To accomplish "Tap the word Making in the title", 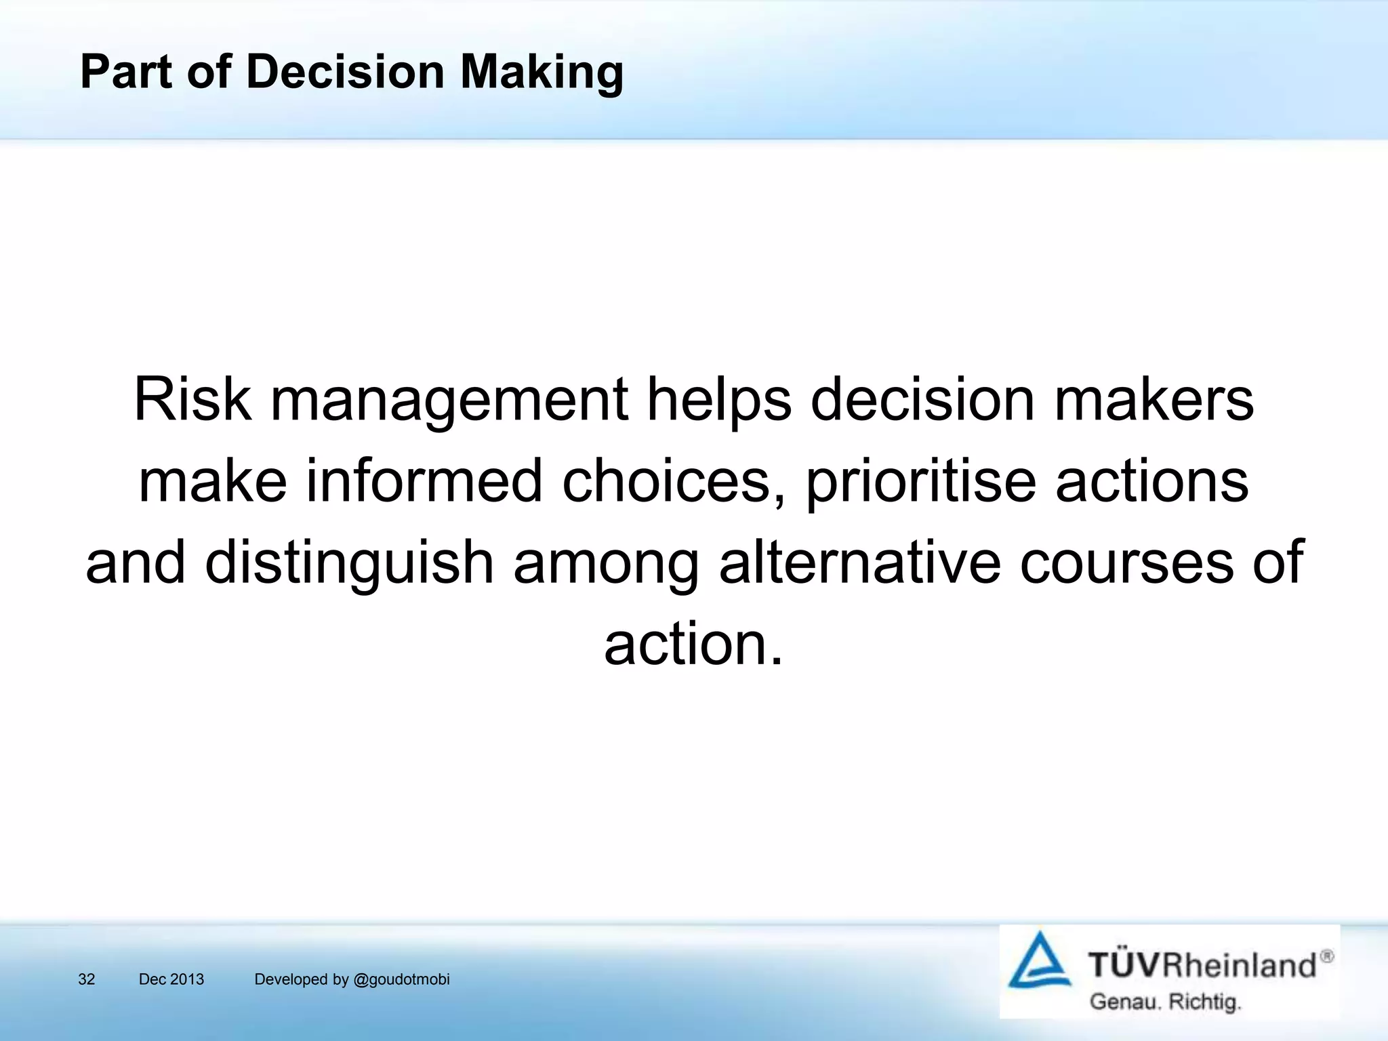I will tap(542, 73).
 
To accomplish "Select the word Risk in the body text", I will tap(192, 400).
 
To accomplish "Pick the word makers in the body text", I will tap(1154, 400).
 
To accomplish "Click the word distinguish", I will tap(349, 563).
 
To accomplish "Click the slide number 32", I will tap(87, 979).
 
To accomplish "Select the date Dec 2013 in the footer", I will tap(171, 979).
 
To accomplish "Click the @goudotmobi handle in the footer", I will tap(402, 980).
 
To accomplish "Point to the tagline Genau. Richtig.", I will tap(1165, 1002).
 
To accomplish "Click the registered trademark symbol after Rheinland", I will tap(1326, 956).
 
